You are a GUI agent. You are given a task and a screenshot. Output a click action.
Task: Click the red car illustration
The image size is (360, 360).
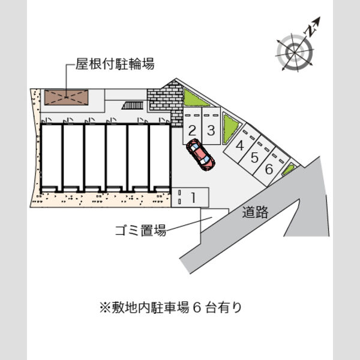(200, 155)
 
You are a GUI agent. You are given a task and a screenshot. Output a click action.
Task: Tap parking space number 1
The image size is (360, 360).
(190, 197)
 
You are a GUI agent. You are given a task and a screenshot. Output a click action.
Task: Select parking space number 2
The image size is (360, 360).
(192, 126)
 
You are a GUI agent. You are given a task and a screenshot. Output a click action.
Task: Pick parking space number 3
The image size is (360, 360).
(211, 126)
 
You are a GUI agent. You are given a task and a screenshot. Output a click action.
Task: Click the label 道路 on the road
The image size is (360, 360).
(256, 212)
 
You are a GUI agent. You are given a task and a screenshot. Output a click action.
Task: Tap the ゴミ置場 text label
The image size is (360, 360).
(140, 230)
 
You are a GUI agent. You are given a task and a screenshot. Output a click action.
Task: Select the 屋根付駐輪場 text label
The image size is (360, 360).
(115, 64)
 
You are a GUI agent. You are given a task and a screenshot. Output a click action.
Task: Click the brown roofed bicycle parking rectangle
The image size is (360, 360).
(66, 98)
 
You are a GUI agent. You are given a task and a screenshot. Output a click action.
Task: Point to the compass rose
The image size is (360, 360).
(295, 53)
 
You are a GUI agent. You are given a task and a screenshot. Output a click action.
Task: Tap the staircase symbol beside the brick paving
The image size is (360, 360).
(133, 106)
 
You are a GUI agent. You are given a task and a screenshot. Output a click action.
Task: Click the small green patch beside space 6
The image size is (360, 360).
(288, 169)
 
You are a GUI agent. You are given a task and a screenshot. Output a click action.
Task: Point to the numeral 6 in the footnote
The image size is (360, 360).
(197, 308)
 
